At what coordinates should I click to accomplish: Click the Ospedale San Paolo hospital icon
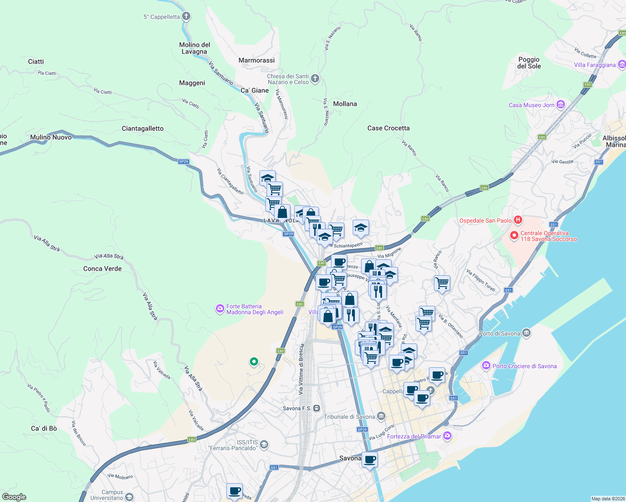pyautogui.click(x=518, y=220)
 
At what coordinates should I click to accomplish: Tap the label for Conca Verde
pyautogui.click(x=103, y=269)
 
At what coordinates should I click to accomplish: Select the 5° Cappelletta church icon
pyautogui.click(x=186, y=16)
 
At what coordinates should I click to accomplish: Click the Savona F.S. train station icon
pyautogui.click(x=317, y=408)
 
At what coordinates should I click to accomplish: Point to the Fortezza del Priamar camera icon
pyautogui.click(x=447, y=436)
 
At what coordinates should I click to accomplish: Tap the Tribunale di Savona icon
pyautogui.click(x=381, y=416)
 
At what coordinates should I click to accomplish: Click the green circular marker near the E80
pyautogui.click(x=254, y=361)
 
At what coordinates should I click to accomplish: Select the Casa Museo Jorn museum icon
pyautogui.click(x=561, y=105)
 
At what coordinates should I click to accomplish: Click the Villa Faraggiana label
pyautogui.click(x=595, y=65)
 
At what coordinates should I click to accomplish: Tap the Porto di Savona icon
pyautogui.click(x=526, y=333)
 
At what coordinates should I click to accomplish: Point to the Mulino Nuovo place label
pyautogui.click(x=51, y=137)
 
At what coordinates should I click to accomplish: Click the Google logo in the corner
pyautogui.click(x=14, y=497)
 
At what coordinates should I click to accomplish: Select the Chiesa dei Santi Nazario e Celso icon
pyautogui.click(x=315, y=78)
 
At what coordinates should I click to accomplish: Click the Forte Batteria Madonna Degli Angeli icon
pyautogui.click(x=220, y=309)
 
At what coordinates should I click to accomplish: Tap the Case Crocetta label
pyautogui.click(x=388, y=128)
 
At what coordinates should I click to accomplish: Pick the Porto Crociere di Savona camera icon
pyautogui.click(x=486, y=366)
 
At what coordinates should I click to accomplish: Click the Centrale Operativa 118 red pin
pyautogui.click(x=514, y=236)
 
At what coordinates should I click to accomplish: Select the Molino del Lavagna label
pyautogui.click(x=195, y=48)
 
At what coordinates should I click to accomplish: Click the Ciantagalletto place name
pyautogui.click(x=142, y=128)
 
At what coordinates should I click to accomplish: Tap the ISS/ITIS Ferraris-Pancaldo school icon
pyautogui.click(x=264, y=444)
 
